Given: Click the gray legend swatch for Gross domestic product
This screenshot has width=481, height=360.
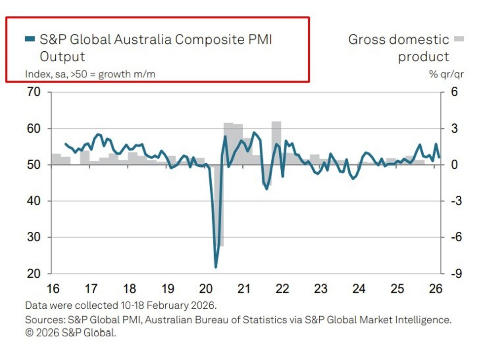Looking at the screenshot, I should coord(459,39).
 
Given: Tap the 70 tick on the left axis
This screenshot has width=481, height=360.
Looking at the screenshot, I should coord(34,92).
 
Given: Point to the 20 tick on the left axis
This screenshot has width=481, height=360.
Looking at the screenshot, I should coord(34,274).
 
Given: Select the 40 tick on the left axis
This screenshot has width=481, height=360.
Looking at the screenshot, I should coord(34,201).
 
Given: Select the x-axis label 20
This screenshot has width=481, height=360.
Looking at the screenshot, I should coord(206,288).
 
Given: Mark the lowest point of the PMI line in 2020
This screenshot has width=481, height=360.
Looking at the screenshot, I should coord(216,267).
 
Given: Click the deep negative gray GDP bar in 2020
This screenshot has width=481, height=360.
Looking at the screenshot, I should coord(220,207).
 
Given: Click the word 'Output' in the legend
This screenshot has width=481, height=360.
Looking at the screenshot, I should coord(63,56).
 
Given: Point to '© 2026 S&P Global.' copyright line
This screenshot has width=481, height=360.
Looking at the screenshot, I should coord(71,332).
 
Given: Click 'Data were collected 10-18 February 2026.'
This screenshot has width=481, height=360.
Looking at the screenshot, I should coord(121,305).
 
